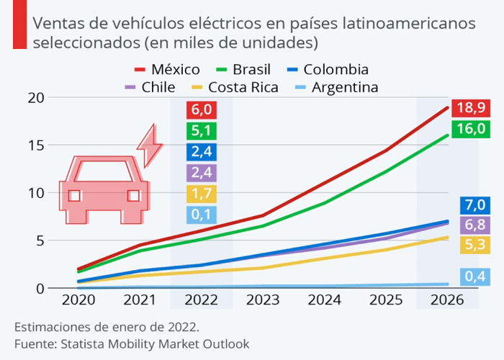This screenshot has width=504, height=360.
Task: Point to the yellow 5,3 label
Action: point(475,245)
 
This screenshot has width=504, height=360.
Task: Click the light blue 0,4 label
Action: point(475,276)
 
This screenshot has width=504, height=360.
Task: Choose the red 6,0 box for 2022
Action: point(201,110)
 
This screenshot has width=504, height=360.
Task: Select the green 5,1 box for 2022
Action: point(201,131)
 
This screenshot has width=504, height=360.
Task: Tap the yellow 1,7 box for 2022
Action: point(201,194)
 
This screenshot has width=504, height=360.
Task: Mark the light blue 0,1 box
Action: point(201,215)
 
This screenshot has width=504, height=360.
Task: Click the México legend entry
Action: point(168,70)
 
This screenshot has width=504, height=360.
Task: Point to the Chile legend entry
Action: point(149,88)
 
